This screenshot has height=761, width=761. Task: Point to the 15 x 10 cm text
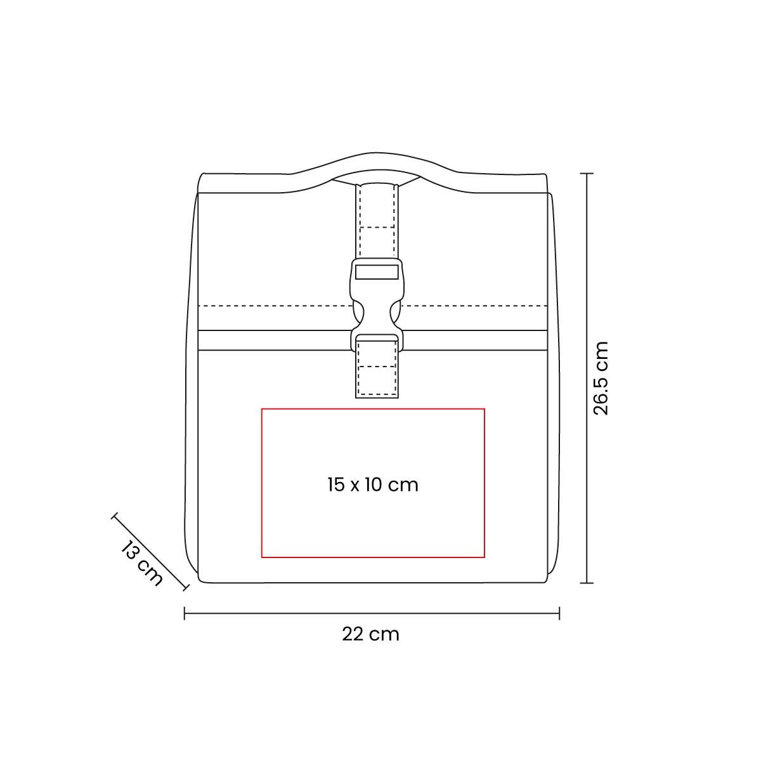(x=373, y=485)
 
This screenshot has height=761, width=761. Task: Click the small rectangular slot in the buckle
(x=376, y=271)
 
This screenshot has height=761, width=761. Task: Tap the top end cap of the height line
(x=587, y=173)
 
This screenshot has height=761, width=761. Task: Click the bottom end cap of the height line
(x=587, y=583)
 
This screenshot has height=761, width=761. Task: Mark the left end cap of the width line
(x=185, y=613)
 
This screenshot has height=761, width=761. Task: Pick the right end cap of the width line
(x=559, y=613)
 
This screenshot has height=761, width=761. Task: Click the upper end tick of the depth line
(x=115, y=517)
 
